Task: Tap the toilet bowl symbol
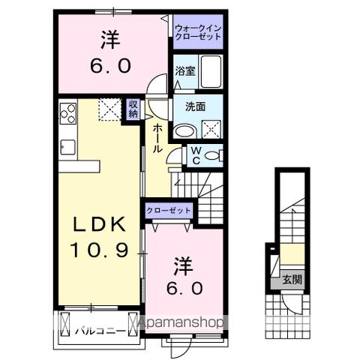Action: (214, 156)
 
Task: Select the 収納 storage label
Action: (133, 109)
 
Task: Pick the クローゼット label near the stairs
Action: (169, 211)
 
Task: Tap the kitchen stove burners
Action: (68, 113)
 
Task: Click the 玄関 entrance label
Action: (292, 280)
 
